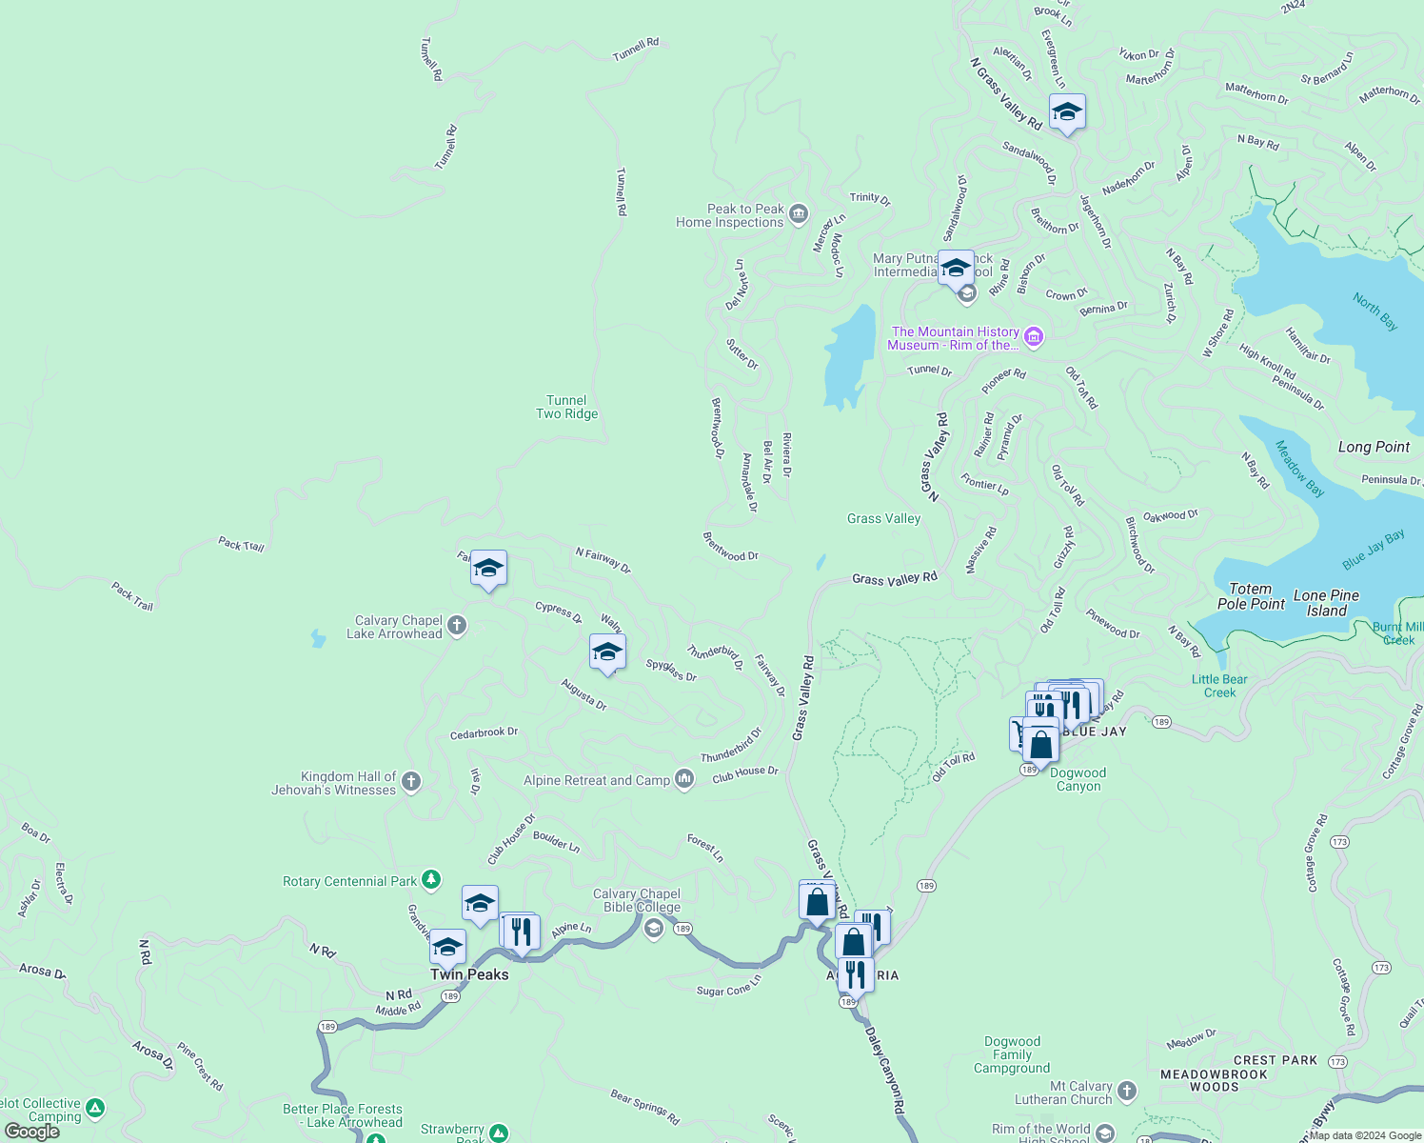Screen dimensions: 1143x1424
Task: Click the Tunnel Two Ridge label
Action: [566, 408]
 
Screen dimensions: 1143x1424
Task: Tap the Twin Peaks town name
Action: [469, 974]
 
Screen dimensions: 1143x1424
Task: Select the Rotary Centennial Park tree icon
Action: [431, 880]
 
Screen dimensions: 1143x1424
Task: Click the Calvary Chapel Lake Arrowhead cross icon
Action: [457, 626]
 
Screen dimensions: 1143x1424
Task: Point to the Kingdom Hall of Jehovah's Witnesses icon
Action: [411, 782]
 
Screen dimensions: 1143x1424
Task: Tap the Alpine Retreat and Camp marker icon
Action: [684, 779]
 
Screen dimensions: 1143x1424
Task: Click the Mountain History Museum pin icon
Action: [1035, 336]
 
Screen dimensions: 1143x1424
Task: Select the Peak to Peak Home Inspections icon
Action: [799, 212]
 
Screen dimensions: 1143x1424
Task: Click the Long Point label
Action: [1374, 447]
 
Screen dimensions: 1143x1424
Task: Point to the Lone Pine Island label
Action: [1326, 603]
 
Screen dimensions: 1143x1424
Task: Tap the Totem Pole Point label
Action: [1251, 596]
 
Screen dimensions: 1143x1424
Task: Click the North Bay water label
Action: [1375, 311]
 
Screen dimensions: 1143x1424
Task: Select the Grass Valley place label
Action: [883, 519]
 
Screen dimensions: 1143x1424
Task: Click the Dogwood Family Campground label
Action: [1012, 1054]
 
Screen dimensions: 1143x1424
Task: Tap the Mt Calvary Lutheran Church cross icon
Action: [1127, 1091]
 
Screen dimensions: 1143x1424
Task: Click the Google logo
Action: [32, 1132]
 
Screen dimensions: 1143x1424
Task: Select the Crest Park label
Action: [1276, 1060]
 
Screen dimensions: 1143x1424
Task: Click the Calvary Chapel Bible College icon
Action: [653, 929]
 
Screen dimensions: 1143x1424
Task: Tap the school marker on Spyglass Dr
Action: [607, 652]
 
